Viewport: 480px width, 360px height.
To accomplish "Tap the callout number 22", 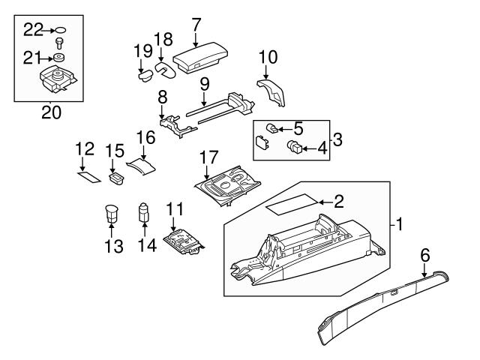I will coord(34,29).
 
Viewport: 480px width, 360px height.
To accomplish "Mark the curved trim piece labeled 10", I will coord(274,90).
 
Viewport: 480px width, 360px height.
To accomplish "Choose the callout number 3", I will coord(337,139).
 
